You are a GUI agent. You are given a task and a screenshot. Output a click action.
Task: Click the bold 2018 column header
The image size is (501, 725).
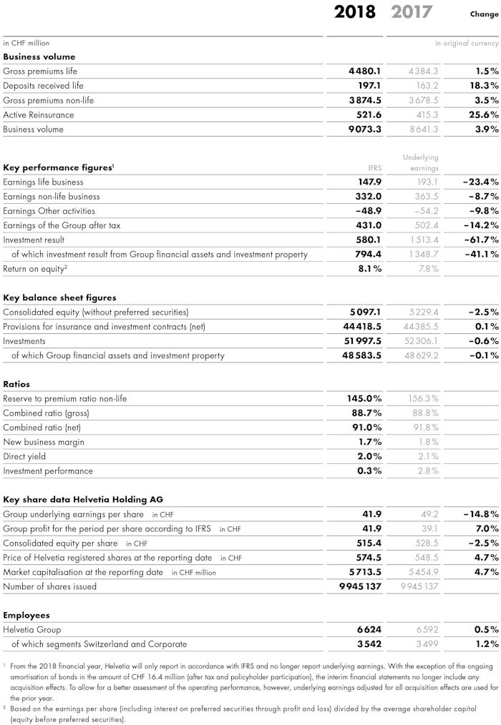[x=355, y=12]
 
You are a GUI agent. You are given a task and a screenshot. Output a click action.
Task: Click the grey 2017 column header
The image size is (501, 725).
[x=412, y=12]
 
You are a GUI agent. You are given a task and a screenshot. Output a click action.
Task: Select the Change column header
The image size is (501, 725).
[x=484, y=14]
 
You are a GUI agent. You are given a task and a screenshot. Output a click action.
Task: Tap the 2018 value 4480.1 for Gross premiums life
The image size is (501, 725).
[x=365, y=71]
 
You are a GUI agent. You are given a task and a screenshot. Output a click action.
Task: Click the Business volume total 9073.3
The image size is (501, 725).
[x=365, y=129]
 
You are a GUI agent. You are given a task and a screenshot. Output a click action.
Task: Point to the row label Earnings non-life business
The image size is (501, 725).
[x=52, y=197]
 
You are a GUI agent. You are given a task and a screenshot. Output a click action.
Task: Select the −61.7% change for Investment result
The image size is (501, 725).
[x=480, y=240]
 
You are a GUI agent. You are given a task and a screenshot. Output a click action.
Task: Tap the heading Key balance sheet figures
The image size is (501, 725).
[x=59, y=297]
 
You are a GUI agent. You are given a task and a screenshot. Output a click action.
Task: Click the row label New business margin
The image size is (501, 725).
[x=44, y=443]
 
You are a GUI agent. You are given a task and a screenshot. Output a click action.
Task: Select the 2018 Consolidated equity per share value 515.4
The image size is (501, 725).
[x=368, y=543]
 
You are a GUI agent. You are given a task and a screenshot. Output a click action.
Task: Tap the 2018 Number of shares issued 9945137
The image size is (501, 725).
[x=359, y=587]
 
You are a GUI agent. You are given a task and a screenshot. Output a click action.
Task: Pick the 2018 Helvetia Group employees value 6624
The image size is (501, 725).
[x=369, y=630]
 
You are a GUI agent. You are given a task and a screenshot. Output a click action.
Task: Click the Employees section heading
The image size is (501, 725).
[x=27, y=615]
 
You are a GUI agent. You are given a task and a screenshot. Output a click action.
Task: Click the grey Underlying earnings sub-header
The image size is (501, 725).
[x=420, y=162]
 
